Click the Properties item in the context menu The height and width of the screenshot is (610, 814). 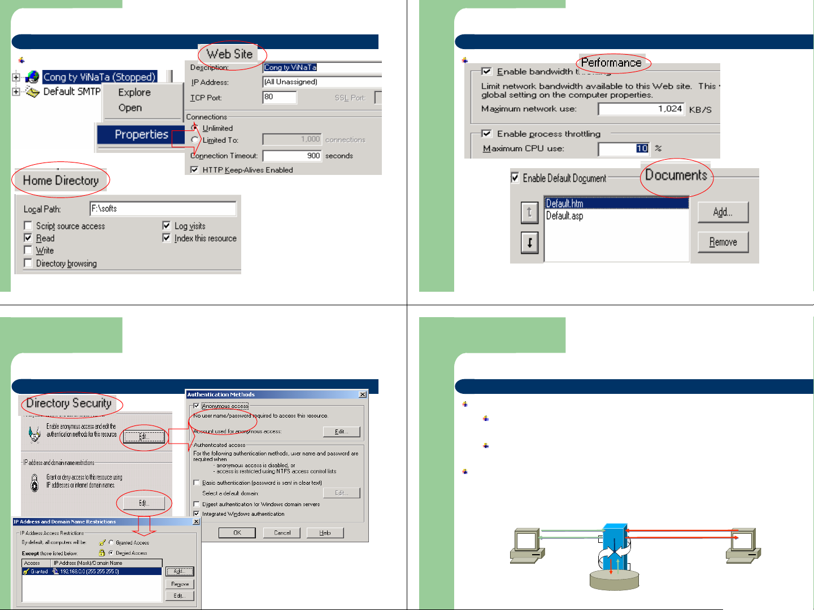pyautogui.click(x=141, y=135)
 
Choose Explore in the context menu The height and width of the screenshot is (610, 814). pyautogui.click(x=134, y=93)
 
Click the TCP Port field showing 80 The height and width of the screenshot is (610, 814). pyautogui.click(x=280, y=97)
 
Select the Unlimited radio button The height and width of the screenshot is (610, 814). pyautogui.click(x=195, y=128)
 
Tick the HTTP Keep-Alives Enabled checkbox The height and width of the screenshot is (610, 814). pyautogui.click(x=194, y=170)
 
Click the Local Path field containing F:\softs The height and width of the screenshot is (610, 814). pyautogui.click(x=163, y=209)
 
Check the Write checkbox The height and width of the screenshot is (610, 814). pyautogui.click(x=28, y=250)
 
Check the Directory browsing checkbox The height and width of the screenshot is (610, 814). pyautogui.click(x=28, y=263)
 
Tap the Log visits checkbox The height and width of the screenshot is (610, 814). pyautogui.click(x=167, y=226)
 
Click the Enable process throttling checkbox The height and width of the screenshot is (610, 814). pyautogui.click(x=486, y=134)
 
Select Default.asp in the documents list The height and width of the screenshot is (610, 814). pyautogui.click(x=564, y=216)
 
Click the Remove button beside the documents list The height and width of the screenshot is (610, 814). pyautogui.click(x=722, y=242)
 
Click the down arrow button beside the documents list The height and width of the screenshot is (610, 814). pyautogui.click(x=529, y=243)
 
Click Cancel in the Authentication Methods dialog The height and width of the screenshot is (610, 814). pyautogui.click(x=282, y=533)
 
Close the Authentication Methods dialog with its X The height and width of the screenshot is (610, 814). pyautogui.click(x=363, y=394)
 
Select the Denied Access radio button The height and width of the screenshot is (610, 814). pyautogui.click(x=111, y=553)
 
